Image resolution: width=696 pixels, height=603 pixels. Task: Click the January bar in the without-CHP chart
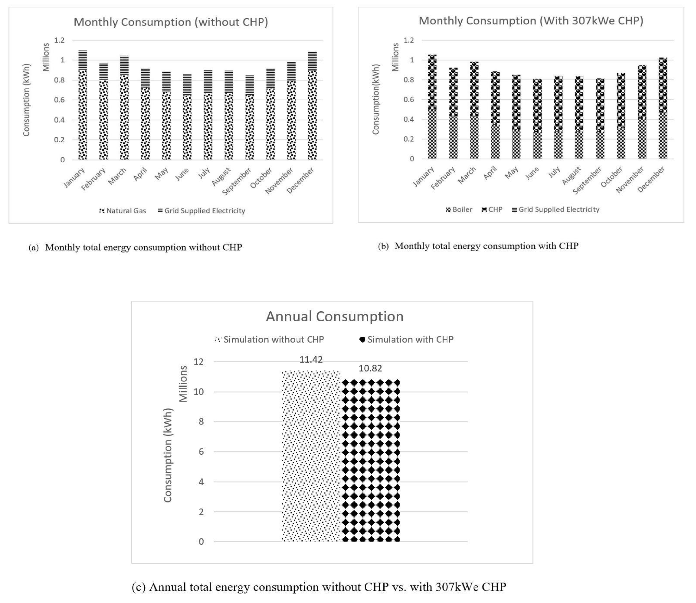pos(83,105)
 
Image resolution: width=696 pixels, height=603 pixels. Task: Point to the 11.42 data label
pos(311,360)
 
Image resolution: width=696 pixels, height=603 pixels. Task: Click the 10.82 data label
pos(370,368)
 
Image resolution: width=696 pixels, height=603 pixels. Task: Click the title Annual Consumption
pos(334,317)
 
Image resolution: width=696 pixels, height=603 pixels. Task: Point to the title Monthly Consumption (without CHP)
pos(171,22)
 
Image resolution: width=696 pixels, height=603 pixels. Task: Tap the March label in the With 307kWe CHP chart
pos(467,176)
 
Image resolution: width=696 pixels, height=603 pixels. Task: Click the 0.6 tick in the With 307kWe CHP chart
pos(409,100)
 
